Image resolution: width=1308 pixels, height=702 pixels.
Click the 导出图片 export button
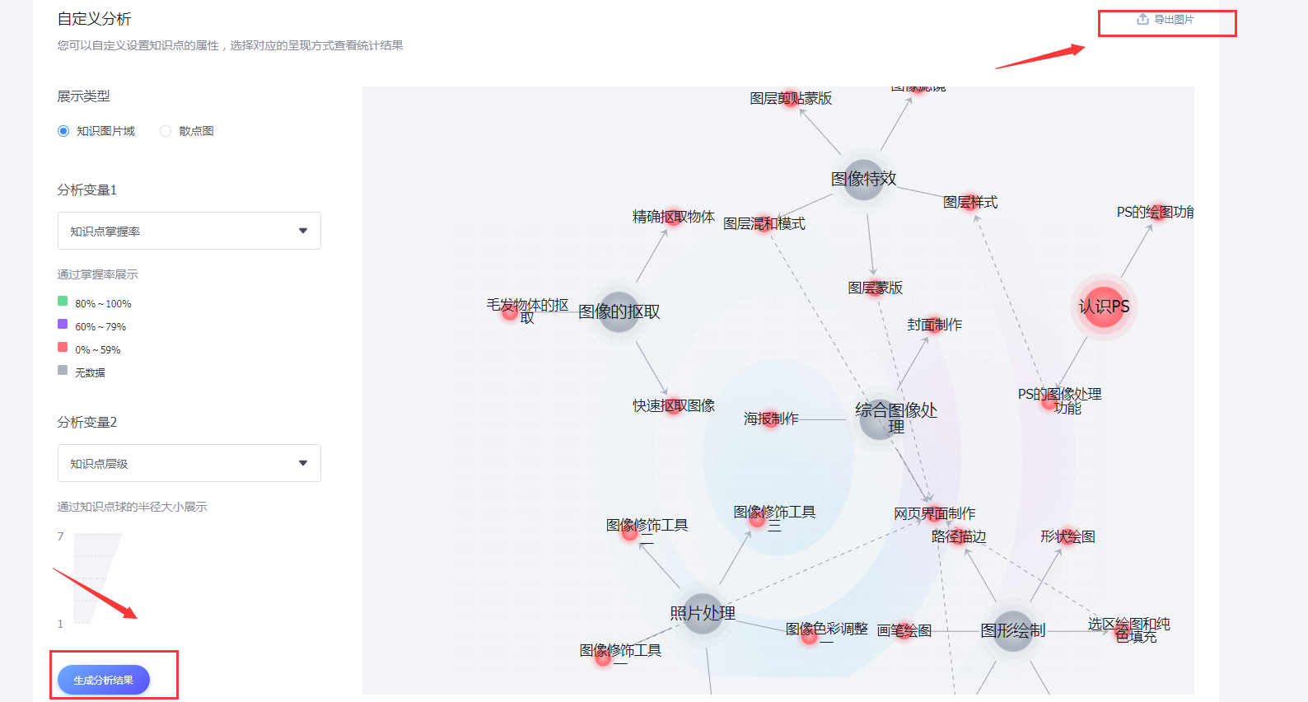pyautogui.click(x=1166, y=20)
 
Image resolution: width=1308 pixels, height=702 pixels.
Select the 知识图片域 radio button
pyautogui.click(x=63, y=131)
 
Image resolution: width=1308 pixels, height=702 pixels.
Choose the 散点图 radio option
pyautogui.click(x=166, y=131)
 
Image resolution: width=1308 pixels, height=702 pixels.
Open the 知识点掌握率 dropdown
pyautogui.click(x=189, y=231)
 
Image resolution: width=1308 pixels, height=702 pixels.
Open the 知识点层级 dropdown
pyautogui.click(x=189, y=463)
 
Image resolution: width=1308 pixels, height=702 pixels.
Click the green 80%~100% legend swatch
pyautogui.click(x=63, y=301)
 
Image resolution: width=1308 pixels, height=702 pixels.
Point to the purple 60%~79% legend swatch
pyautogui.click(x=63, y=324)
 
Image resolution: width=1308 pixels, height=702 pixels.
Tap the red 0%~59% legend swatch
pyautogui.click(x=63, y=347)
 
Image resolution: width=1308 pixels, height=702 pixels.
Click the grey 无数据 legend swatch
pyautogui.click(x=63, y=370)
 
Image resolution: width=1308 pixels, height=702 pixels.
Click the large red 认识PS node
pyautogui.click(x=1104, y=307)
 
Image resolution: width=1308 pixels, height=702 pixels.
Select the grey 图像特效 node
pyautogui.click(x=863, y=179)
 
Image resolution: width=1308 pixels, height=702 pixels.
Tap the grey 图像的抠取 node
pyautogui.click(x=619, y=312)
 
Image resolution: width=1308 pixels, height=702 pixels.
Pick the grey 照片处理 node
pyautogui.click(x=703, y=614)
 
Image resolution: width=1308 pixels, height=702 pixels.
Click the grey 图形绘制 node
pyautogui.click(x=1013, y=631)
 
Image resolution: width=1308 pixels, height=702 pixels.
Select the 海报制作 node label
pyautogui.click(x=771, y=419)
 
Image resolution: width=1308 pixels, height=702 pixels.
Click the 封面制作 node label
pyautogui.click(x=934, y=325)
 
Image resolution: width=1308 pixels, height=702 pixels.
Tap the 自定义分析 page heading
pyautogui.click(x=95, y=19)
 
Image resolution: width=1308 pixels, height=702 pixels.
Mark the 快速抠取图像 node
pyautogui.click(x=674, y=405)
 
